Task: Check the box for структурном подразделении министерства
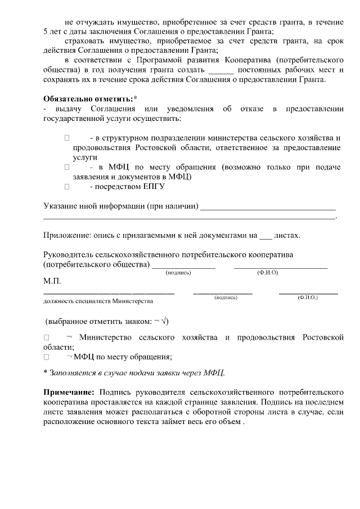click(67, 138)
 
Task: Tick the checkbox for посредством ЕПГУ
click(67, 187)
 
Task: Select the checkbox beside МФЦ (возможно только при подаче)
click(67, 167)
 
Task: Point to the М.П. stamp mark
click(52, 281)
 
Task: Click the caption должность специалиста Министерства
click(98, 301)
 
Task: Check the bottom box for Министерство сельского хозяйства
click(47, 337)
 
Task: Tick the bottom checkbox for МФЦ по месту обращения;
click(47, 357)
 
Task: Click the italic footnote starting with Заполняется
click(137, 372)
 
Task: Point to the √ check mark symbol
click(164, 322)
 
